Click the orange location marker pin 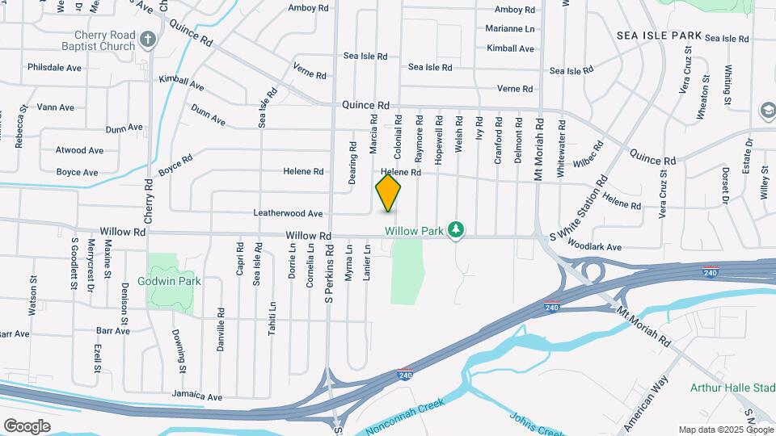tap(389, 194)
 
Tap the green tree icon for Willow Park tap(457, 231)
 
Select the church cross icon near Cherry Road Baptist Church tap(147, 39)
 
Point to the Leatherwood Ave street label tap(289, 214)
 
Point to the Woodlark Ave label tap(594, 246)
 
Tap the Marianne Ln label tap(511, 28)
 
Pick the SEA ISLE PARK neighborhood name tap(658, 36)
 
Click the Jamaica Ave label tap(196, 397)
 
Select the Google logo tap(27, 426)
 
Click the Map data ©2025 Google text tap(724, 430)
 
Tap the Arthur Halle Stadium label tap(732, 388)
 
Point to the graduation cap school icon tap(766, 110)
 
